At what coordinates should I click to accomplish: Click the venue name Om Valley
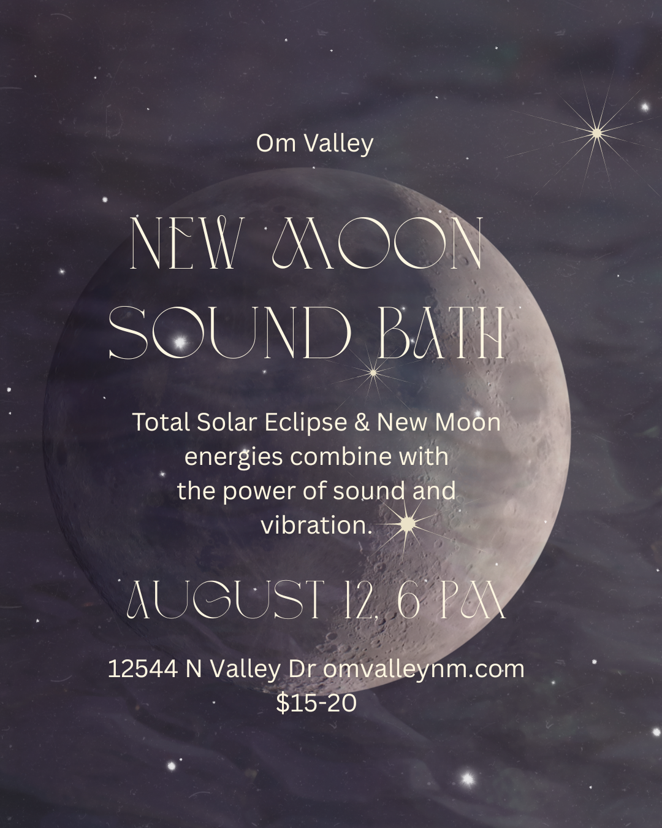(x=314, y=144)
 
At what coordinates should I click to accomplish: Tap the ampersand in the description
(x=362, y=423)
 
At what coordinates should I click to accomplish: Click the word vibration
(x=317, y=526)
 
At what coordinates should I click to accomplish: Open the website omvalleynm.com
(x=424, y=669)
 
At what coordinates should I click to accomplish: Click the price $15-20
(x=316, y=703)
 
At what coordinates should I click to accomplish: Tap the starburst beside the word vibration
(x=407, y=523)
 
